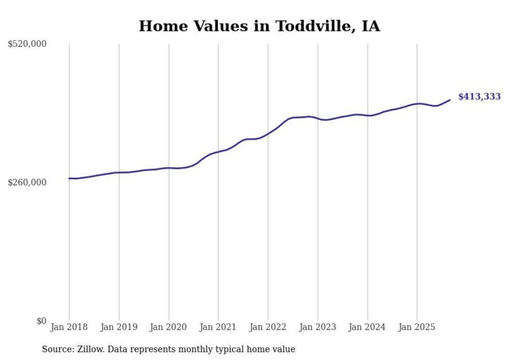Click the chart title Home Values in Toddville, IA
coord(259,26)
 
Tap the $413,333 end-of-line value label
coord(479,97)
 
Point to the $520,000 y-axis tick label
coord(27,44)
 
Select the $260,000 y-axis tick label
coord(27,182)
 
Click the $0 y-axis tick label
coord(41,321)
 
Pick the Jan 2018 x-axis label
coord(69,327)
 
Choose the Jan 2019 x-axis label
coord(119,327)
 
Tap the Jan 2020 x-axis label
coord(169,327)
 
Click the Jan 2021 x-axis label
coord(218,327)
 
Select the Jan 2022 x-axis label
coord(268,327)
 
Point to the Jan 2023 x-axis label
coord(317,327)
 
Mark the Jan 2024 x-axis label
coord(367,327)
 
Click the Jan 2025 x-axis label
coord(417,327)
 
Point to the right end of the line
coord(450,100)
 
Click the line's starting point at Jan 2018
coord(69,178)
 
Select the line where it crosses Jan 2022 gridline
coord(268,133)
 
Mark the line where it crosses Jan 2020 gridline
coord(169,168)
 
